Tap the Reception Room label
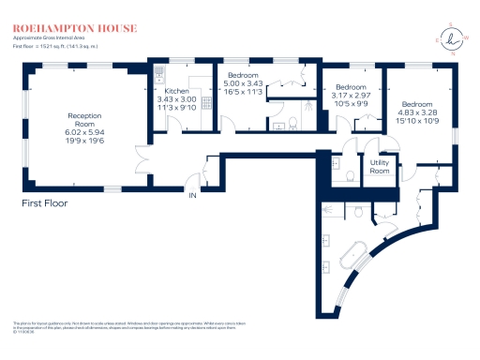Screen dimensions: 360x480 [x=84, y=120]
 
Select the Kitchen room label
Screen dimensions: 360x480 [x=176, y=93]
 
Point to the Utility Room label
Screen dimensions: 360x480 [x=379, y=169]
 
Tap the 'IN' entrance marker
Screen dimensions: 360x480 [x=193, y=196]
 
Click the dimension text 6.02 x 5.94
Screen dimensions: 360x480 [x=84, y=132]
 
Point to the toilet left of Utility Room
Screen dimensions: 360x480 [x=350, y=174]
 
